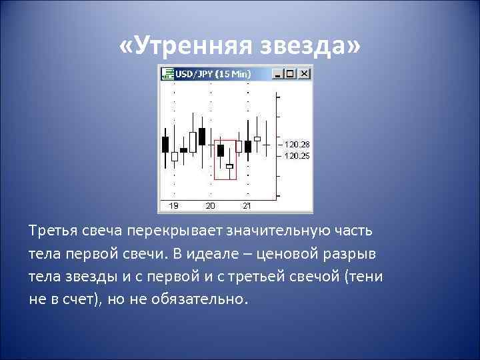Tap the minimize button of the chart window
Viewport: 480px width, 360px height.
click(285, 74)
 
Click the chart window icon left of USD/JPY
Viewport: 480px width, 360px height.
click(167, 74)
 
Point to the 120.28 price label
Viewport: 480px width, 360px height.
click(297, 144)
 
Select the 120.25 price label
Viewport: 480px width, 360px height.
click(297, 155)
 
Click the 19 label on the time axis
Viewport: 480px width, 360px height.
click(173, 205)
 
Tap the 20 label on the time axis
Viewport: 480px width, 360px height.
click(211, 205)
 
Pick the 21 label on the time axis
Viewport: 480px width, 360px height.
click(247, 205)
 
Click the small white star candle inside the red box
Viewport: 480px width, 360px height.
click(229, 166)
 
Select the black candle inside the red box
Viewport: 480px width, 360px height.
click(221, 151)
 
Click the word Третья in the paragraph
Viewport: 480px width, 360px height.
click(53, 231)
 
